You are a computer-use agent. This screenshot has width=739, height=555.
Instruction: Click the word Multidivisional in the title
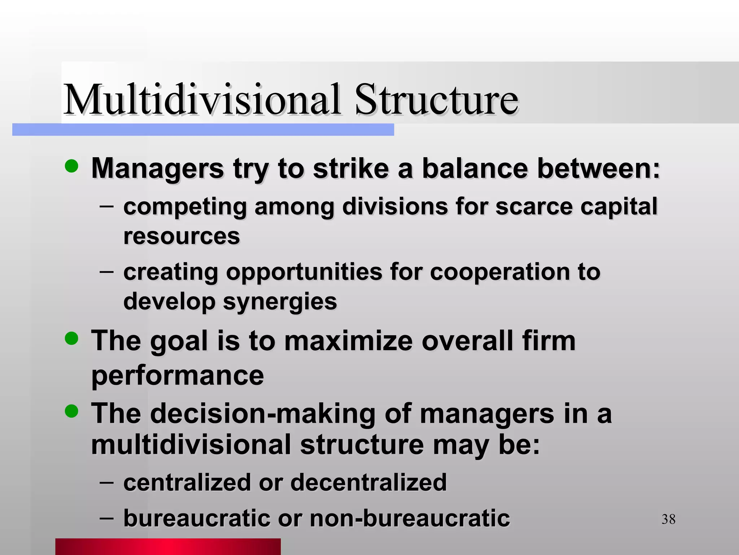202,99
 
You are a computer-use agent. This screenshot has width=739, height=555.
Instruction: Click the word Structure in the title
437,99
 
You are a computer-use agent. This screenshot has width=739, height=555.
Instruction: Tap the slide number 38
668,520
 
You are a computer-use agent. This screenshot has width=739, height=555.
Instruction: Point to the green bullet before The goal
71,339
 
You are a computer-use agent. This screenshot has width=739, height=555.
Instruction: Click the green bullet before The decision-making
71,411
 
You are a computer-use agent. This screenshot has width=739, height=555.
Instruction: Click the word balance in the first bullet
475,168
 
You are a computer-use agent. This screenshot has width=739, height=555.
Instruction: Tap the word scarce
534,207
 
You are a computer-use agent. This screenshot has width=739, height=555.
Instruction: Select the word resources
182,236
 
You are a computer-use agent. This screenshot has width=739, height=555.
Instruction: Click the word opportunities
304,272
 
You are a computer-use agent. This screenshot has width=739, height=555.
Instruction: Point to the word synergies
280,302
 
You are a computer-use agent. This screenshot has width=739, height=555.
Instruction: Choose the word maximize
348,341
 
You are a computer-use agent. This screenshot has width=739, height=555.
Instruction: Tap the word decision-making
263,413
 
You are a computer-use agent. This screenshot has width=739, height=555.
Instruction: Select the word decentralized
368,482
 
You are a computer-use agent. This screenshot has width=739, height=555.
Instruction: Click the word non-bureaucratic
410,518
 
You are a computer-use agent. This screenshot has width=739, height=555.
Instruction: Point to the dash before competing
106,207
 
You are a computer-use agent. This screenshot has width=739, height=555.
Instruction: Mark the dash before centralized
106,482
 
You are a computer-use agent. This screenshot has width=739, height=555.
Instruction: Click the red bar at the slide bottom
168,546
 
